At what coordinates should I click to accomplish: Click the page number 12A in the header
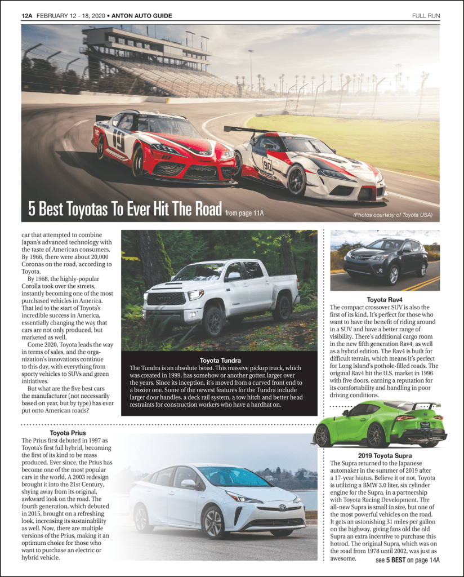pos(28,15)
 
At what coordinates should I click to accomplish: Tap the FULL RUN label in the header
pos(426,15)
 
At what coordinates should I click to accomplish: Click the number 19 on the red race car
pos(118,141)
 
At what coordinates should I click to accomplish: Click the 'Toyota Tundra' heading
pos(220,360)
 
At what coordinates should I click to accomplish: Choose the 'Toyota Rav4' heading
pos(384,299)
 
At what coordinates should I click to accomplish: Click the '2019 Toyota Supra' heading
pos(385,455)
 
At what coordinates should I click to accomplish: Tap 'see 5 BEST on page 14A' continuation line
pos(407,560)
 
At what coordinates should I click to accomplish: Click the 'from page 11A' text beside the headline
pos(244,213)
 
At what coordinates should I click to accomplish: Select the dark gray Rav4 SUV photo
pos(385,260)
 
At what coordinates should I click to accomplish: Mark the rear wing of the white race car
pos(243,130)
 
